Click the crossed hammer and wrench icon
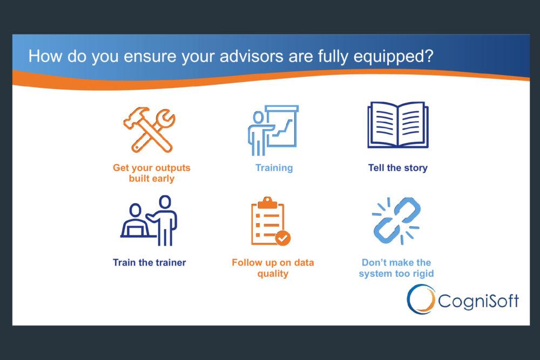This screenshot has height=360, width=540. pyautogui.click(x=149, y=130)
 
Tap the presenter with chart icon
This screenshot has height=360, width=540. pyautogui.click(x=273, y=131)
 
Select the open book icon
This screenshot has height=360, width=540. pyautogui.click(x=398, y=125)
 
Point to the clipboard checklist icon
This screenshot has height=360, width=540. pyautogui.click(x=271, y=221)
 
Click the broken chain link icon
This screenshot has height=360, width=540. pyautogui.click(x=396, y=221)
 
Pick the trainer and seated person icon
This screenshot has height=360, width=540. pyautogui.click(x=149, y=221)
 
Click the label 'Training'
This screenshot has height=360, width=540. pyautogui.click(x=274, y=168)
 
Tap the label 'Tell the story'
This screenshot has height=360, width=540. pyautogui.click(x=398, y=168)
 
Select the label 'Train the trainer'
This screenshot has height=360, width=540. pyautogui.click(x=150, y=263)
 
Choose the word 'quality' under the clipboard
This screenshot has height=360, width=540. pyautogui.click(x=273, y=274)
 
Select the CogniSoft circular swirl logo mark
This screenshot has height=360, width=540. pyautogui.click(x=421, y=299)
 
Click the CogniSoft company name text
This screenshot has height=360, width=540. pyautogui.click(x=478, y=301)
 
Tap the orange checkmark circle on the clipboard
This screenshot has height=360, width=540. pyautogui.click(x=283, y=238)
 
